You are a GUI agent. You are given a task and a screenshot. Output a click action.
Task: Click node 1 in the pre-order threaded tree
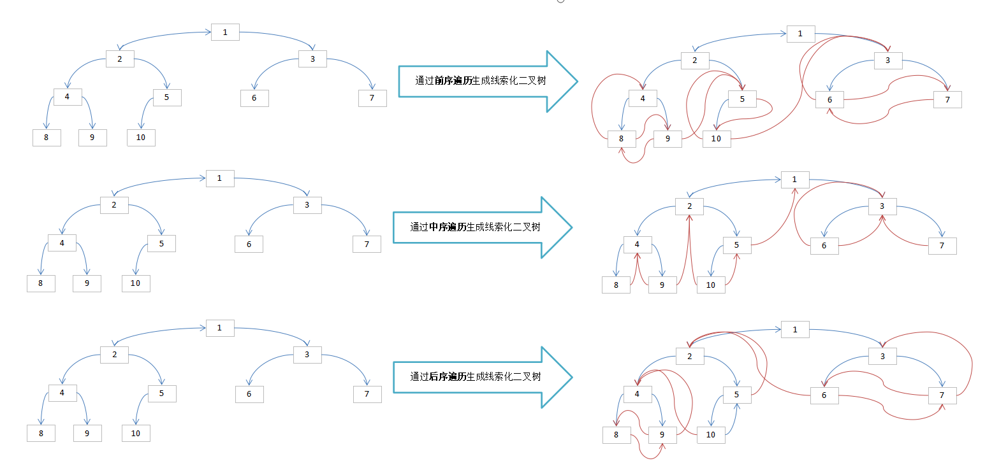(x=800, y=34)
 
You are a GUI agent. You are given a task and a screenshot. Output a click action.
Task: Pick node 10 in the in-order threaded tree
(x=710, y=285)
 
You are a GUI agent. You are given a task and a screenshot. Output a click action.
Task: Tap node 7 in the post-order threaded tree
(x=942, y=395)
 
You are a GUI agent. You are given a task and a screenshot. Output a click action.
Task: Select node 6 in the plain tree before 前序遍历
(x=254, y=98)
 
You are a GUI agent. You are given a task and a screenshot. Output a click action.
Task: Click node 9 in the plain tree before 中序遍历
(x=87, y=283)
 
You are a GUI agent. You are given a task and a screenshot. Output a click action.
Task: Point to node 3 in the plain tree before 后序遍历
(x=307, y=355)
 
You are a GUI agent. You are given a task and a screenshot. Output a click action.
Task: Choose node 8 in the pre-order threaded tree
(x=622, y=139)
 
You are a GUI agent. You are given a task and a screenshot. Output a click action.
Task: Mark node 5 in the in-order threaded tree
(x=737, y=246)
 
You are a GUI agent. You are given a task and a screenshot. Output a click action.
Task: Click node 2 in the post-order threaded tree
(x=690, y=357)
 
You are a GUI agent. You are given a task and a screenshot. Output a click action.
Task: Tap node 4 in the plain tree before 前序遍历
(x=68, y=97)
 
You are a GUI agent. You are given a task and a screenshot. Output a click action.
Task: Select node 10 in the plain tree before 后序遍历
(x=136, y=434)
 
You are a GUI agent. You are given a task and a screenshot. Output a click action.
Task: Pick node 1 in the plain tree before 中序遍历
(x=220, y=178)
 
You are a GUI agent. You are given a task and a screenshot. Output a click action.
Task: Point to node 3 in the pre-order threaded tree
(x=887, y=60)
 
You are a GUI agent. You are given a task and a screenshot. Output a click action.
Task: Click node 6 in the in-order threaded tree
(x=824, y=246)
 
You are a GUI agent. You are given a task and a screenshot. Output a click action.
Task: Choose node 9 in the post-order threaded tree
(x=662, y=435)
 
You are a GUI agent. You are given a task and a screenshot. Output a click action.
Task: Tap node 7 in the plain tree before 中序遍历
(x=367, y=244)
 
